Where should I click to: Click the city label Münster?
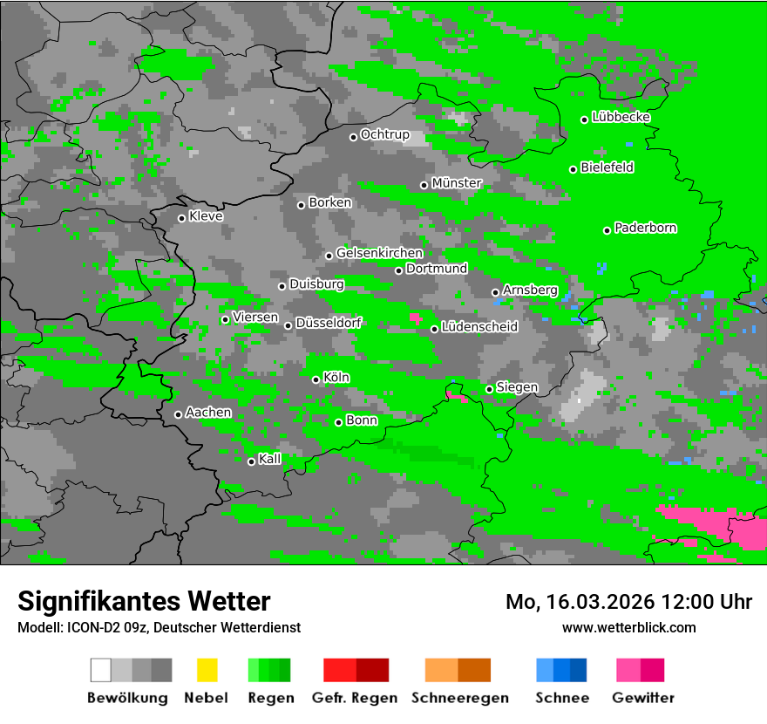[x=456, y=183]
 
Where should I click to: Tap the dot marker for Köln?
[x=316, y=379]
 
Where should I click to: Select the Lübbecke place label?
[x=621, y=117]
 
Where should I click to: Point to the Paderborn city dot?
[x=607, y=230]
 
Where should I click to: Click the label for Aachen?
[x=208, y=413]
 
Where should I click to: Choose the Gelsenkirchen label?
[x=379, y=253]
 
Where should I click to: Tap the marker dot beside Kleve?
[x=181, y=218]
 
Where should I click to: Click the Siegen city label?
[x=517, y=387]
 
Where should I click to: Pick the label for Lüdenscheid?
[x=479, y=327]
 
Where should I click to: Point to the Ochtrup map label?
[x=384, y=135]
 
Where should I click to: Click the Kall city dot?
[x=251, y=461]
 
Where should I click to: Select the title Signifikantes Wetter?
[x=144, y=601]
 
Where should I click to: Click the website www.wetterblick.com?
[x=628, y=627]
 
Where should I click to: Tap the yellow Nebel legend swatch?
[x=207, y=670]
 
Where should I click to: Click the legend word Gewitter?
[x=642, y=698]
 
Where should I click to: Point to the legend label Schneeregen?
[x=458, y=698]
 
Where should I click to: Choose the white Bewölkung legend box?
[x=101, y=670]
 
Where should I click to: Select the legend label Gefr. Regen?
[x=355, y=698]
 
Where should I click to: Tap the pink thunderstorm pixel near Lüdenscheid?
[x=417, y=318]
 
